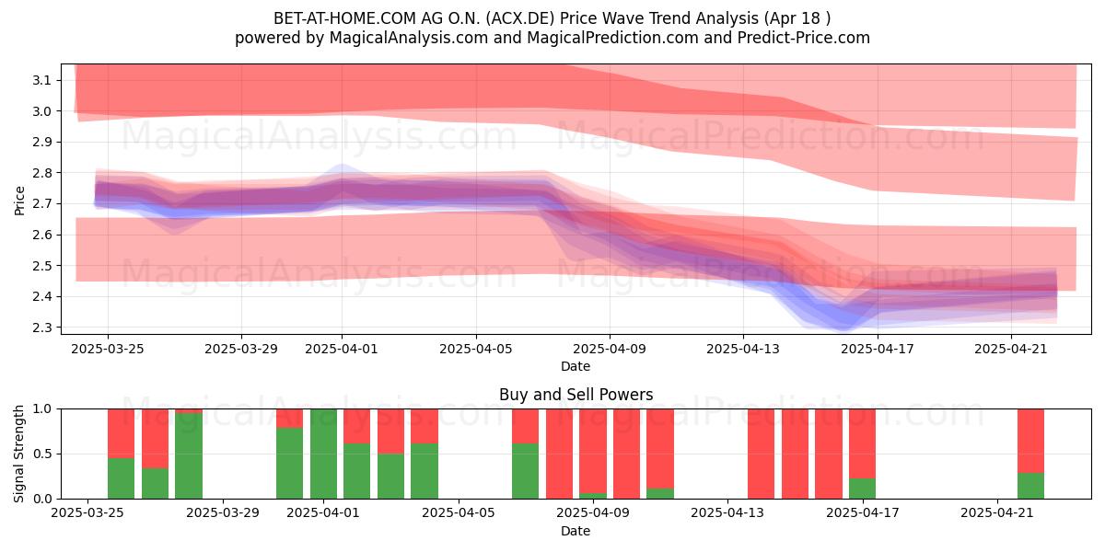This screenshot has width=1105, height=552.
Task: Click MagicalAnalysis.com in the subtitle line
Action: click(409, 38)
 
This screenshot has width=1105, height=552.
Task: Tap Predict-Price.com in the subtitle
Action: click(804, 38)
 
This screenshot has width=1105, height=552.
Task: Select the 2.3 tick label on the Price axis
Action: click(42, 328)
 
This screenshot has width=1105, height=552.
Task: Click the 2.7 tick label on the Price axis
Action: click(42, 203)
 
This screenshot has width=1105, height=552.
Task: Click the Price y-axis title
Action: click(19, 201)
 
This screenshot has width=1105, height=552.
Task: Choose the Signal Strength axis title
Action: click(18, 454)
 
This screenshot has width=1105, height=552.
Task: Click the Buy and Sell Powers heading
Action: click(576, 395)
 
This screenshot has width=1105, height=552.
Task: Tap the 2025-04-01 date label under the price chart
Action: click(342, 349)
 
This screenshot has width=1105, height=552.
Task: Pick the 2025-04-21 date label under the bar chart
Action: click(997, 512)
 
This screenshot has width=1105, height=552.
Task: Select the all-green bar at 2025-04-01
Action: click(323, 454)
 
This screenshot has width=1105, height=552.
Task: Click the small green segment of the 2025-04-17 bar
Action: click(862, 489)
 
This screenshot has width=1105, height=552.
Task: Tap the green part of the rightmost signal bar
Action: click(1031, 486)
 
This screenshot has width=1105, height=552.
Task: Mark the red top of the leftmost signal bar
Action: click(121, 433)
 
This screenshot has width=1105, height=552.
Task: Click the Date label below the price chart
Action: click(576, 366)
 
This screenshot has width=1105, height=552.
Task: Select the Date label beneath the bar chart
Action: click(576, 531)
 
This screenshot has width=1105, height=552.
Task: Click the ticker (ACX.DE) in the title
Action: click(520, 18)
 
